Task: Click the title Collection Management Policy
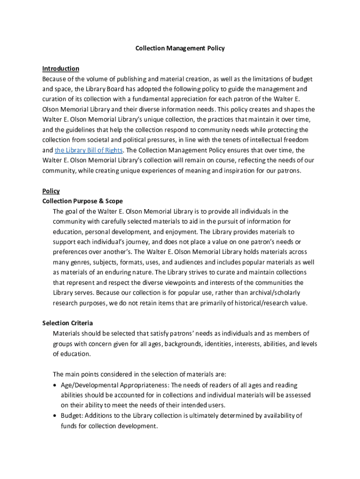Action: pos(180,48)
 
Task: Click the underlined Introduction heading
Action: pos(60,69)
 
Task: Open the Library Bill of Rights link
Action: pos(89,150)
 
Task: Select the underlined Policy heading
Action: pos(51,191)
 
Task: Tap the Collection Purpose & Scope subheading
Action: pos(82,201)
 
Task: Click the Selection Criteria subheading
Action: pos(67,323)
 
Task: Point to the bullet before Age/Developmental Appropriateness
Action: pos(55,385)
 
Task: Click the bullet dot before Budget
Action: pos(55,416)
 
